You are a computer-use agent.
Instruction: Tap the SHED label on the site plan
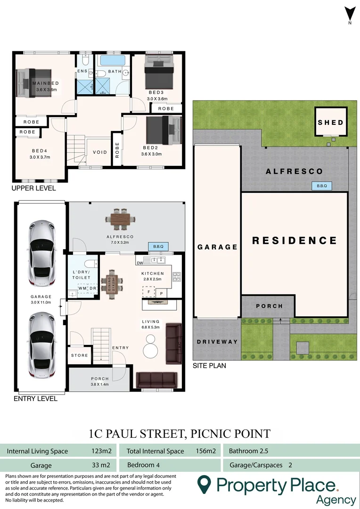click(x=331, y=123)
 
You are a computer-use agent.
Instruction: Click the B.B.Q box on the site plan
click(x=321, y=186)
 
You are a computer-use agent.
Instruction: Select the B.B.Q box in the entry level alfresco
click(x=158, y=246)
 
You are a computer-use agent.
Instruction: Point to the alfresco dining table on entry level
click(x=121, y=218)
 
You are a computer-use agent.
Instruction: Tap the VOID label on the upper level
click(x=100, y=152)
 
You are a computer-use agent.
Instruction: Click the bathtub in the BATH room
click(x=112, y=61)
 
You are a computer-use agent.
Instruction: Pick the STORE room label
click(x=80, y=355)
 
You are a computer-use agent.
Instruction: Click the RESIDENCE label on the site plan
click(x=295, y=241)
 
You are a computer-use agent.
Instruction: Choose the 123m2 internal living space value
click(x=100, y=451)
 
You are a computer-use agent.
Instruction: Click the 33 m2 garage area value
click(x=101, y=465)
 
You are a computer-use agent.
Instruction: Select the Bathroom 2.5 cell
click(x=248, y=451)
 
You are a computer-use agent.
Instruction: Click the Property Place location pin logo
click(x=204, y=484)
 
